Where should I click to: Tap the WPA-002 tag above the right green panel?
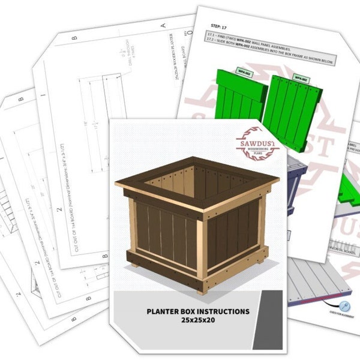pos(300,79)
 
